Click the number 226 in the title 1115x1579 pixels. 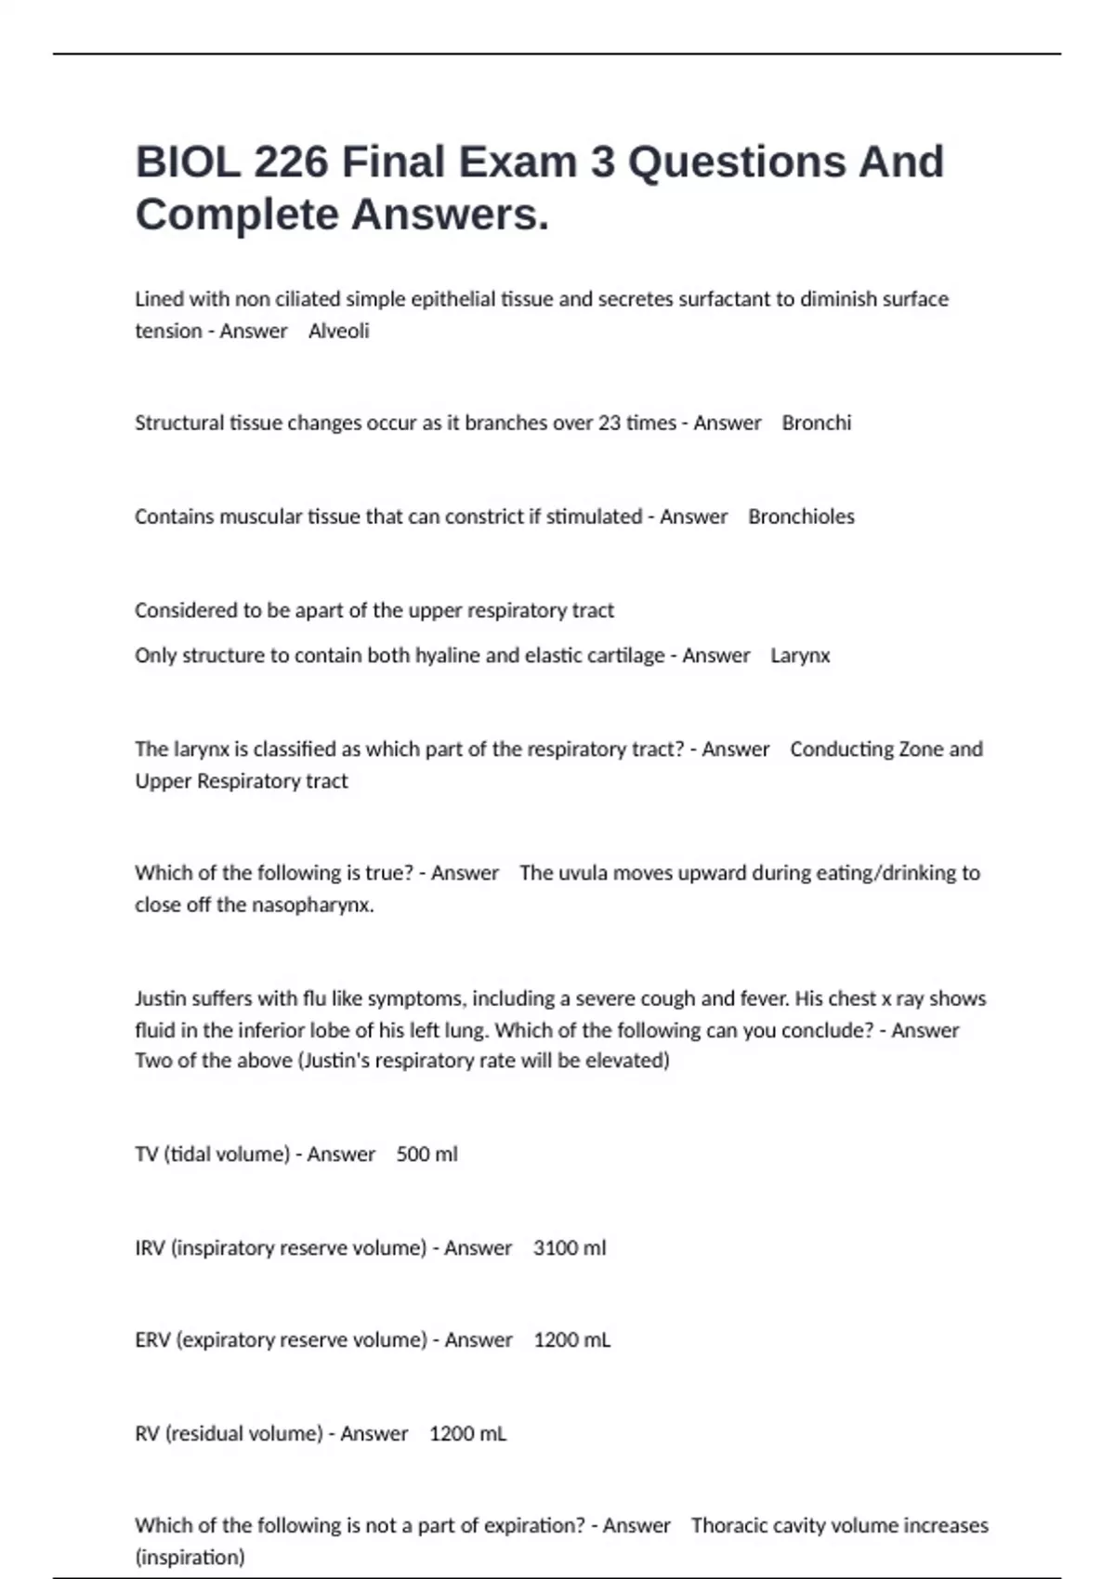click(291, 162)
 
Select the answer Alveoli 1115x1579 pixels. click(338, 331)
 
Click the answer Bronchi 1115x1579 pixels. click(816, 423)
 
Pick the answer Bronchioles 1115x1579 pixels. click(801, 516)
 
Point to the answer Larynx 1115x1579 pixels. click(800, 655)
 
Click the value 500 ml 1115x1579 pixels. click(426, 1154)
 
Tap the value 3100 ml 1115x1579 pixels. click(569, 1247)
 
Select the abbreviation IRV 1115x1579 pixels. click(150, 1247)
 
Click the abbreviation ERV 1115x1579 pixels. click(151, 1339)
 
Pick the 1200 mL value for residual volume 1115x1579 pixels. click(467, 1433)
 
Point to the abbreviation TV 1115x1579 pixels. click(146, 1154)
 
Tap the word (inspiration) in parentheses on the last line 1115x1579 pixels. click(190, 1557)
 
